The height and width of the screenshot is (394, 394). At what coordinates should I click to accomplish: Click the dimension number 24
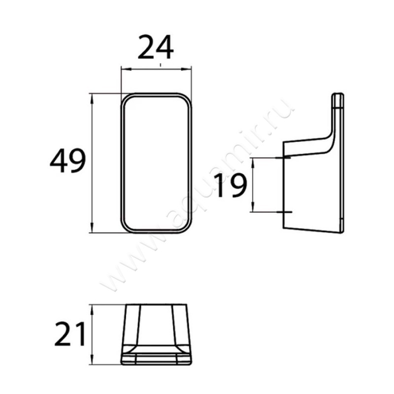tap(156, 47)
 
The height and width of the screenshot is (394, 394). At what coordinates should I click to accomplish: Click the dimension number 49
tap(68, 161)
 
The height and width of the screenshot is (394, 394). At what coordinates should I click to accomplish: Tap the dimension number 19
tap(230, 185)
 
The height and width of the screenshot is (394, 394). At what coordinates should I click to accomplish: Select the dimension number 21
tap(69, 334)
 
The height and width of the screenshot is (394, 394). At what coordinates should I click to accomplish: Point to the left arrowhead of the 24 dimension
tap(125, 69)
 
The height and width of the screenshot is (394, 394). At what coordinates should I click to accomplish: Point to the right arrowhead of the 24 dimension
tap(187, 69)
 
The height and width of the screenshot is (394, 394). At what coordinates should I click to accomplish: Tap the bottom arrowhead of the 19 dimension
tap(253, 207)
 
